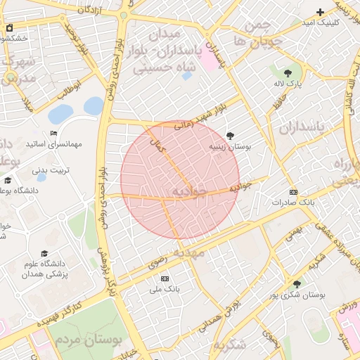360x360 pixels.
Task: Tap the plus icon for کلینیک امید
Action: (321, 11)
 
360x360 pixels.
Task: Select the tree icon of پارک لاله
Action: (288, 72)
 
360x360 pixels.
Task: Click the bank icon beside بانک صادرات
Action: (293, 192)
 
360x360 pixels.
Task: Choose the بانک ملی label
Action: (167, 288)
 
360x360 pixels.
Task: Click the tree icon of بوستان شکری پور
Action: (296, 284)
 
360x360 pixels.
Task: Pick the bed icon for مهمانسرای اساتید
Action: (53, 134)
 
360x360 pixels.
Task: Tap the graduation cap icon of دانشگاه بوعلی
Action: (8, 180)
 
